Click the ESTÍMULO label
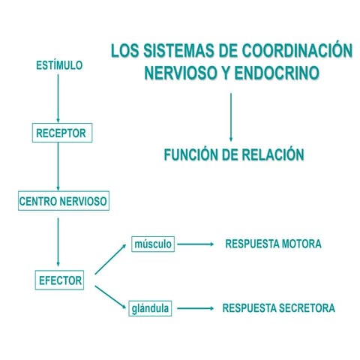(59, 65)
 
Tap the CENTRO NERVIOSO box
(63, 201)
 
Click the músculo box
(152, 244)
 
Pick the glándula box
(150, 308)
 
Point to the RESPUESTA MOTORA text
(273, 244)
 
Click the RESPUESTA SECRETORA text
(278, 308)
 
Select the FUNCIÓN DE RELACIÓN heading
(234, 155)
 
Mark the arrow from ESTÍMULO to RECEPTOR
(58, 97)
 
